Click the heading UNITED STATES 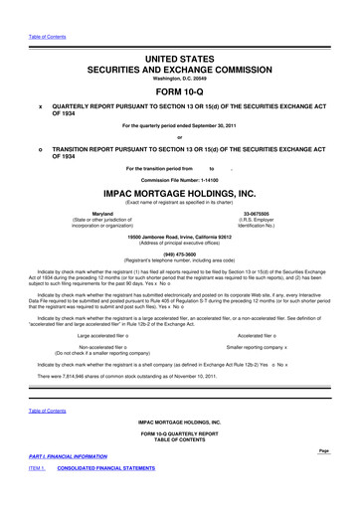[180, 33]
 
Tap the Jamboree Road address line [180, 236]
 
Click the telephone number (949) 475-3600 [180, 253]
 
